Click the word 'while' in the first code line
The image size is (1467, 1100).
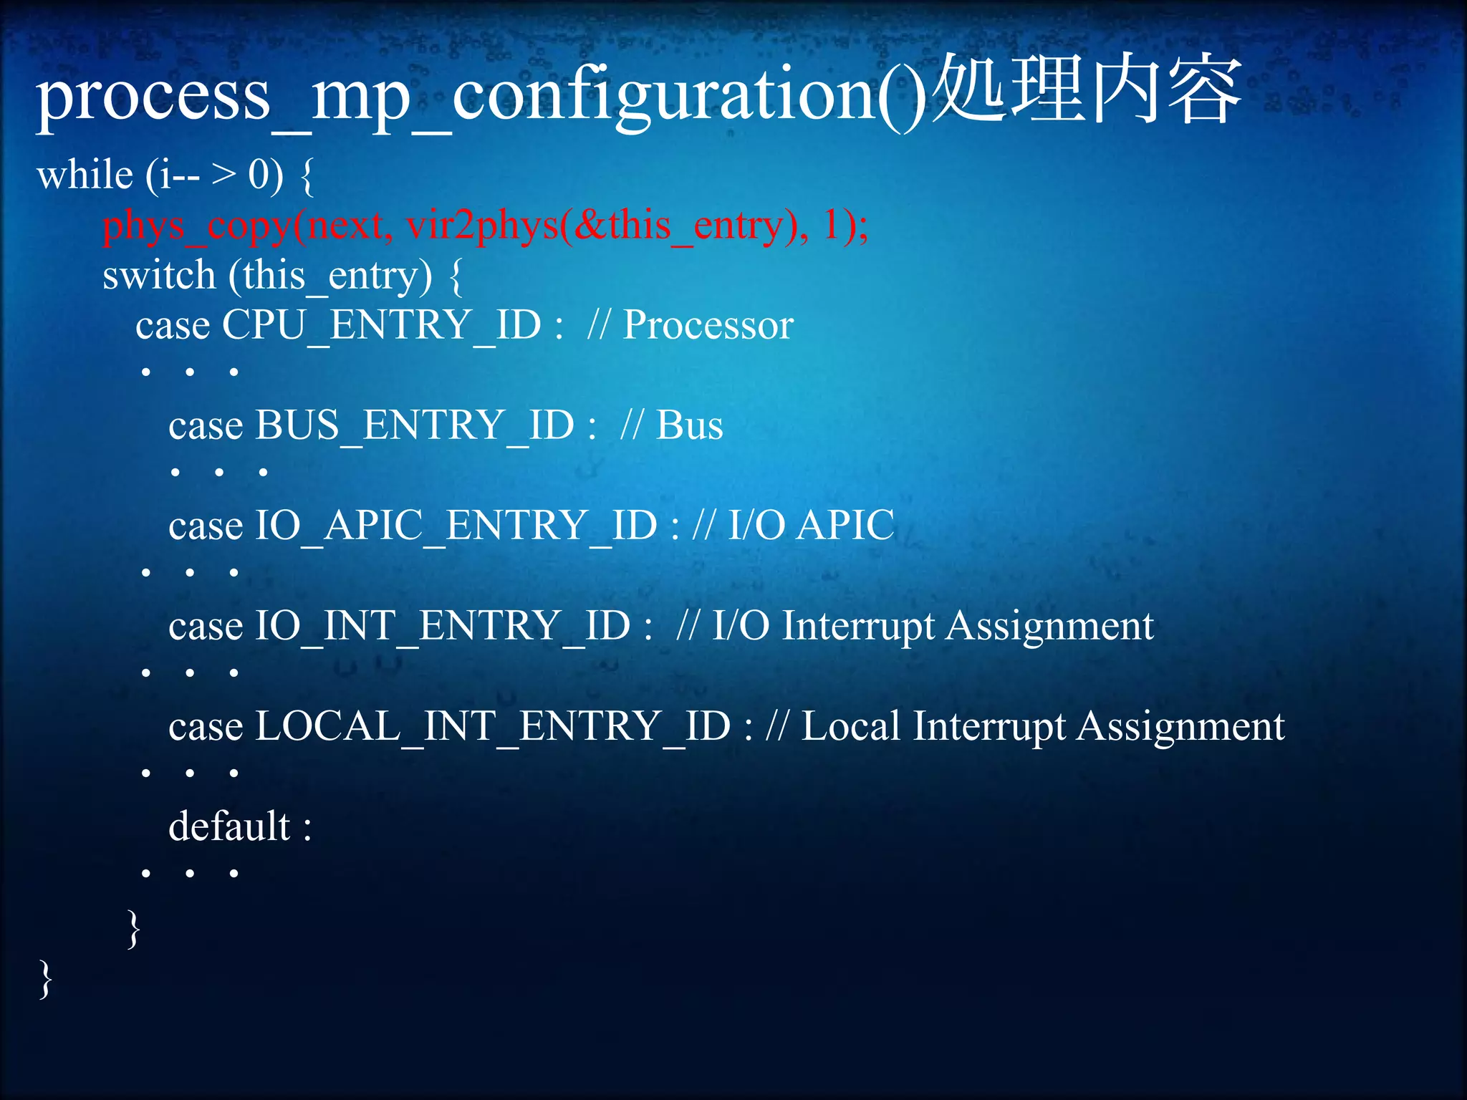click(x=85, y=175)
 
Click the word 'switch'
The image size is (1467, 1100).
click(x=158, y=276)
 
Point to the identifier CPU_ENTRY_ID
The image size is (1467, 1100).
click(x=381, y=326)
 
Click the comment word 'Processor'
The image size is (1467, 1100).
click(x=708, y=326)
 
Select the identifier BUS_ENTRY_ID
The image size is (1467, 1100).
click(x=415, y=426)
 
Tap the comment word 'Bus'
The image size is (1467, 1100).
click(x=689, y=426)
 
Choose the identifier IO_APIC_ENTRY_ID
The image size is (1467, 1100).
click(x=456, y=526)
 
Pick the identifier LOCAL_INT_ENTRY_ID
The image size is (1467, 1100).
click(x=492, y=727)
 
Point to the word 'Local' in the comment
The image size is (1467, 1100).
click(x=850, y=727)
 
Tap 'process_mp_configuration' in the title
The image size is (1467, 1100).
click(x=458, y=97)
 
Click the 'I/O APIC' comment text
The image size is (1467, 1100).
click(x=811, y=526)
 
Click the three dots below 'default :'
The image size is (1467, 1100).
click(x=190, y=873)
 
